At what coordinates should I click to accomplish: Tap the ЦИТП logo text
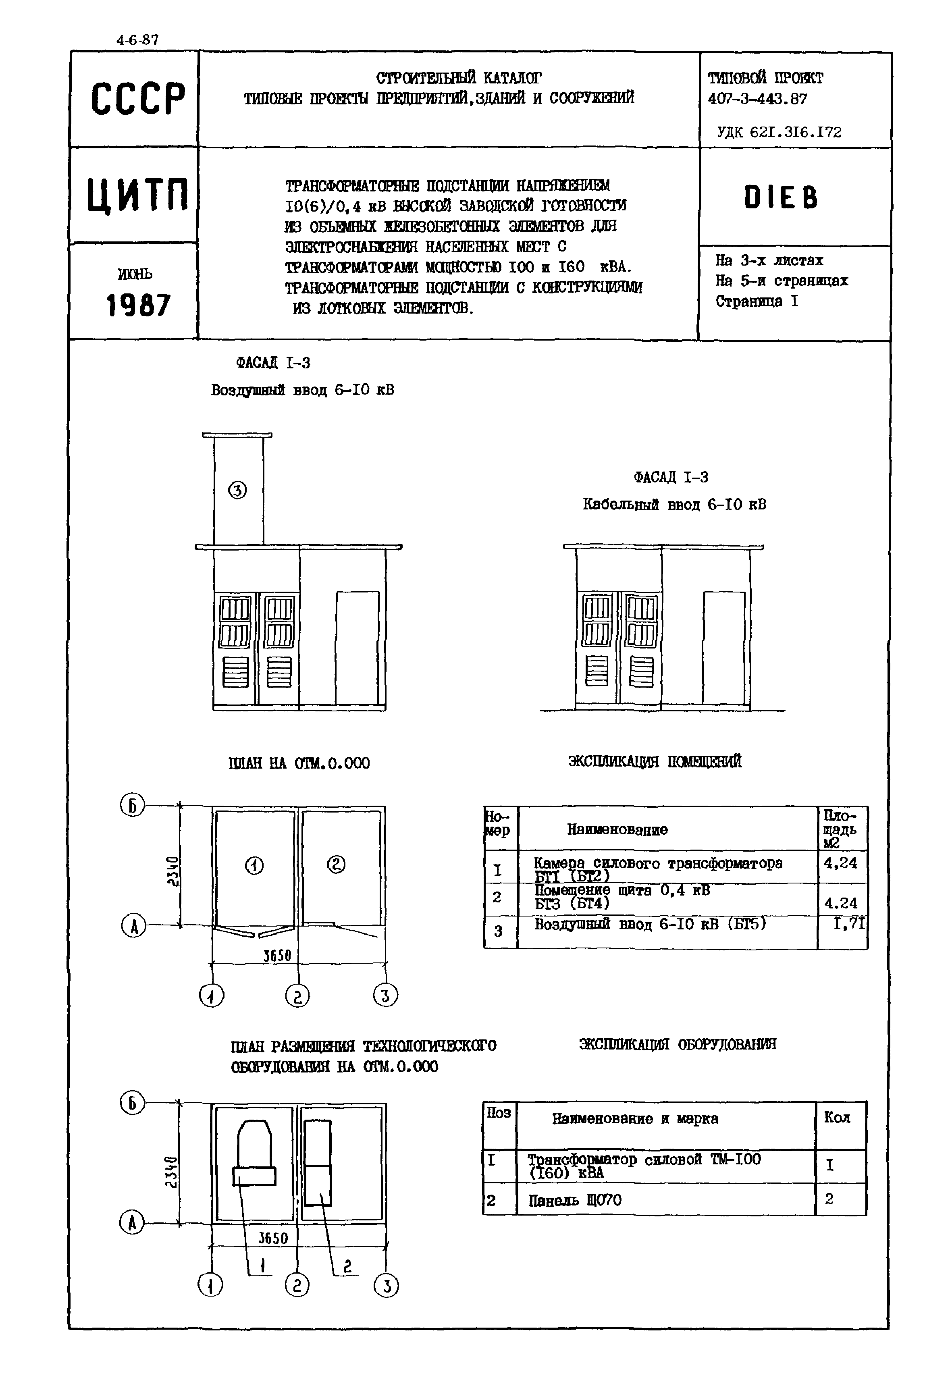(138, 195)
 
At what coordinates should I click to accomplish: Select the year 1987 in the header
(138, 306)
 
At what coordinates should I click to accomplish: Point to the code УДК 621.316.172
(779, 132)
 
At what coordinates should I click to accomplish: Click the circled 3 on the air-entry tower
(237, 490)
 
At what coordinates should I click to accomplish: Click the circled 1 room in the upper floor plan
(255, 865)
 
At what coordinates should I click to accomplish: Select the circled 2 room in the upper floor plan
(336, 864)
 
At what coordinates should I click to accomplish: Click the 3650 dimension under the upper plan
(277, 955)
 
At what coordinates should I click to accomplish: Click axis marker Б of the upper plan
(133, 806)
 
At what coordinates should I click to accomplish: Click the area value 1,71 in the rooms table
(849, 924)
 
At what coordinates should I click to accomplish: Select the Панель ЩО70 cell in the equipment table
(574, 1199)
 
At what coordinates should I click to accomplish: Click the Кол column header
(836, 1118)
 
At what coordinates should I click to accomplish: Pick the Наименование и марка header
(635, 1119)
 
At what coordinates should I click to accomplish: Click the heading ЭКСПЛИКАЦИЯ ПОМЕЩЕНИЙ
(655, 762)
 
